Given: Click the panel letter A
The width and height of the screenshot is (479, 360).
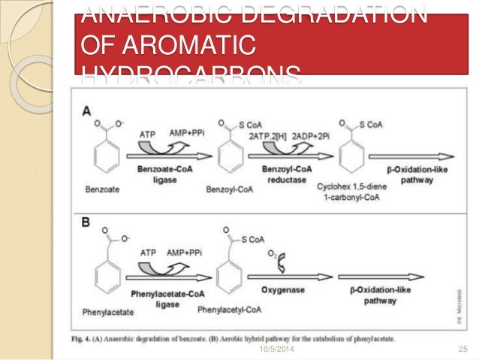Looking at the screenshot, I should (88, 110).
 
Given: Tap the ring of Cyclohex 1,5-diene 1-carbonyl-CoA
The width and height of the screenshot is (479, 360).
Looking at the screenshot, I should (350, 159).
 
